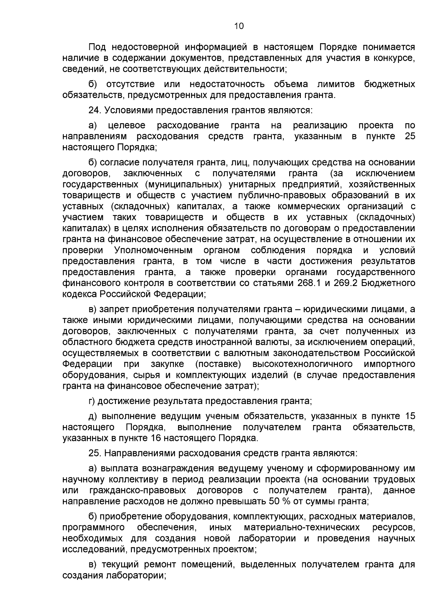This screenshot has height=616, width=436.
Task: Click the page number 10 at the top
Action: [238, 26]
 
